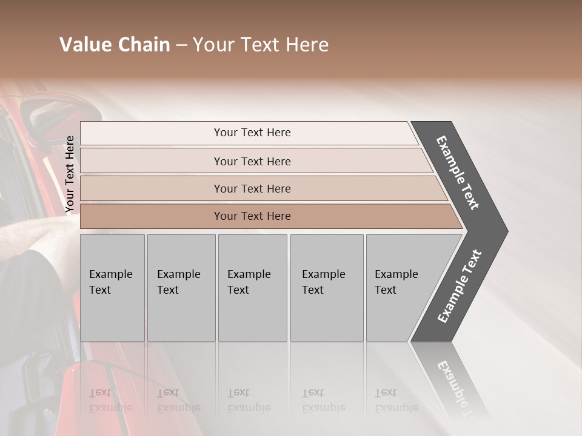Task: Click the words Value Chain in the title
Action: [115, 45]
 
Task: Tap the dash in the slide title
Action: [181, 45]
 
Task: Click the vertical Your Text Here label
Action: [70, 174]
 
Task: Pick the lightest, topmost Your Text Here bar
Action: [252, 133]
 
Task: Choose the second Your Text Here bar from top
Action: [252, 161]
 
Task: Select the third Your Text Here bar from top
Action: [252, 188]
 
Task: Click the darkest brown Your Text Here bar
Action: [252, 216]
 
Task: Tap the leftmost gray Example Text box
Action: [112, 288]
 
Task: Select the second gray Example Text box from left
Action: [181, 288]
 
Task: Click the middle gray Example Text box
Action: [252, 288]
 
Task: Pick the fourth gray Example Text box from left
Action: [327, 288]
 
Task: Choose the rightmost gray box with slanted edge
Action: [403, 288]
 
